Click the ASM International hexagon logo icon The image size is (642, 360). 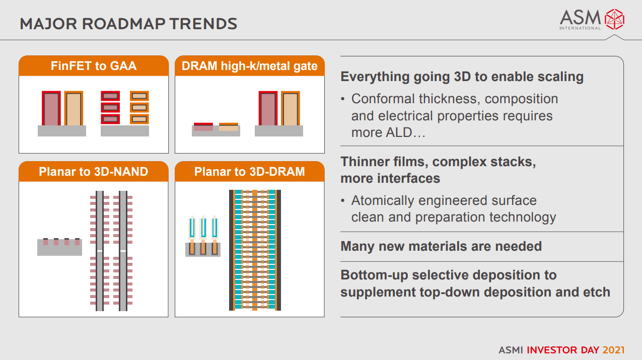[614, 19]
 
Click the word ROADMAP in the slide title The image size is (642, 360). [123, 24]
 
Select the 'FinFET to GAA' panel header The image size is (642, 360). [94, 65]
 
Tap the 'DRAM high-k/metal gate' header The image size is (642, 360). [250, 65]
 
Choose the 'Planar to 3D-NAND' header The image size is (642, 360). [94, 171]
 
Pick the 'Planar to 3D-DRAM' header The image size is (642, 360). [250, 171]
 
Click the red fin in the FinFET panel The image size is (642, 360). [51, 108]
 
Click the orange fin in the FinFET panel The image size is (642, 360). [74, 108]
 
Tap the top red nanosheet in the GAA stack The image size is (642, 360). [110, 96]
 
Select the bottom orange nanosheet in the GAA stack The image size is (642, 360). [139, 119]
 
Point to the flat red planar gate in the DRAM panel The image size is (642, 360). [203, 127]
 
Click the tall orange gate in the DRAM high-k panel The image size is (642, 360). [291, 108]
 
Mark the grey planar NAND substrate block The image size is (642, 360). [59, 247]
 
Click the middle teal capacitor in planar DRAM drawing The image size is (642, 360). [203, 228]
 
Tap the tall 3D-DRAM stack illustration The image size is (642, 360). [255, 250]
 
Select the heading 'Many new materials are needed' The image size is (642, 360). [441, 246]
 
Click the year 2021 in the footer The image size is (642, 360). [613, 350]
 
